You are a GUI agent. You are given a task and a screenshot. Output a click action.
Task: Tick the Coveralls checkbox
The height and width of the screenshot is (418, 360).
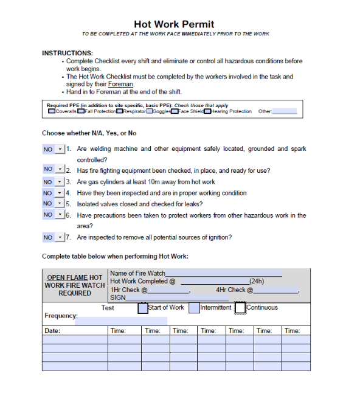click(x=52, y=112)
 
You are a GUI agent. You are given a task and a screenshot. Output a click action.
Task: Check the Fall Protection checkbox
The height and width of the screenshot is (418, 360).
click(x=81, y=112)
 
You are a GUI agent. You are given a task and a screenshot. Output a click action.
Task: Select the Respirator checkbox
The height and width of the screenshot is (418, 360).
click(x=120, y=112)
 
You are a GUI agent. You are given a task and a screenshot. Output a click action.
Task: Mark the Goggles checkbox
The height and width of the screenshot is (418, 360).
click(x=149, y=112)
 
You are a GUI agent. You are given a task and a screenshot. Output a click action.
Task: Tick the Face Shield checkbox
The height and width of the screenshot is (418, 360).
click(x=175, y=112)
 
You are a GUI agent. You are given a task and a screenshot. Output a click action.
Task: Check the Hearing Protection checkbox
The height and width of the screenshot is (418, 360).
click(x=207, y=112)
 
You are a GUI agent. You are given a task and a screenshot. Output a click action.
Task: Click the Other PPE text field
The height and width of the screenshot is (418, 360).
click(x=285, y=111)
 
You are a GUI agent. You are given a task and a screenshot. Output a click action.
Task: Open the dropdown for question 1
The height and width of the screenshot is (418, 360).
click(x=59, y=149)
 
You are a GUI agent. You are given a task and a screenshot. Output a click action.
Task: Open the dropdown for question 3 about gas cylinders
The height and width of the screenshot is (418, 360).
click(x=59, y=182)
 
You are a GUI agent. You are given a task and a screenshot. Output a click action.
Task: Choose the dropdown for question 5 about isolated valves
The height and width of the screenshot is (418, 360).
click(x=59, y=204)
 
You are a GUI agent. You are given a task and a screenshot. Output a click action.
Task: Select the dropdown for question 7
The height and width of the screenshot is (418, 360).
click(x=59, y=237)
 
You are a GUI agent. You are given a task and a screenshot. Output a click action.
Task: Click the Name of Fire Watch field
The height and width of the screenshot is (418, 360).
click(x=223, y=273)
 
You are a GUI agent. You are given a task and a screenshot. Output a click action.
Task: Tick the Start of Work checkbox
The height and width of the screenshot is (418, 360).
click(x=142, y=308)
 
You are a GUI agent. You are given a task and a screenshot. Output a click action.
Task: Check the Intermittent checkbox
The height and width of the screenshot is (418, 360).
click(x=194, y=308)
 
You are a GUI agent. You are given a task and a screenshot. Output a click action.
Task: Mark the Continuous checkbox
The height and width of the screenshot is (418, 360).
click(x=240, y=308)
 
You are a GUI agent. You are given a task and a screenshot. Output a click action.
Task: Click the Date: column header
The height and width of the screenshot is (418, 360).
click(x=52, y=330)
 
